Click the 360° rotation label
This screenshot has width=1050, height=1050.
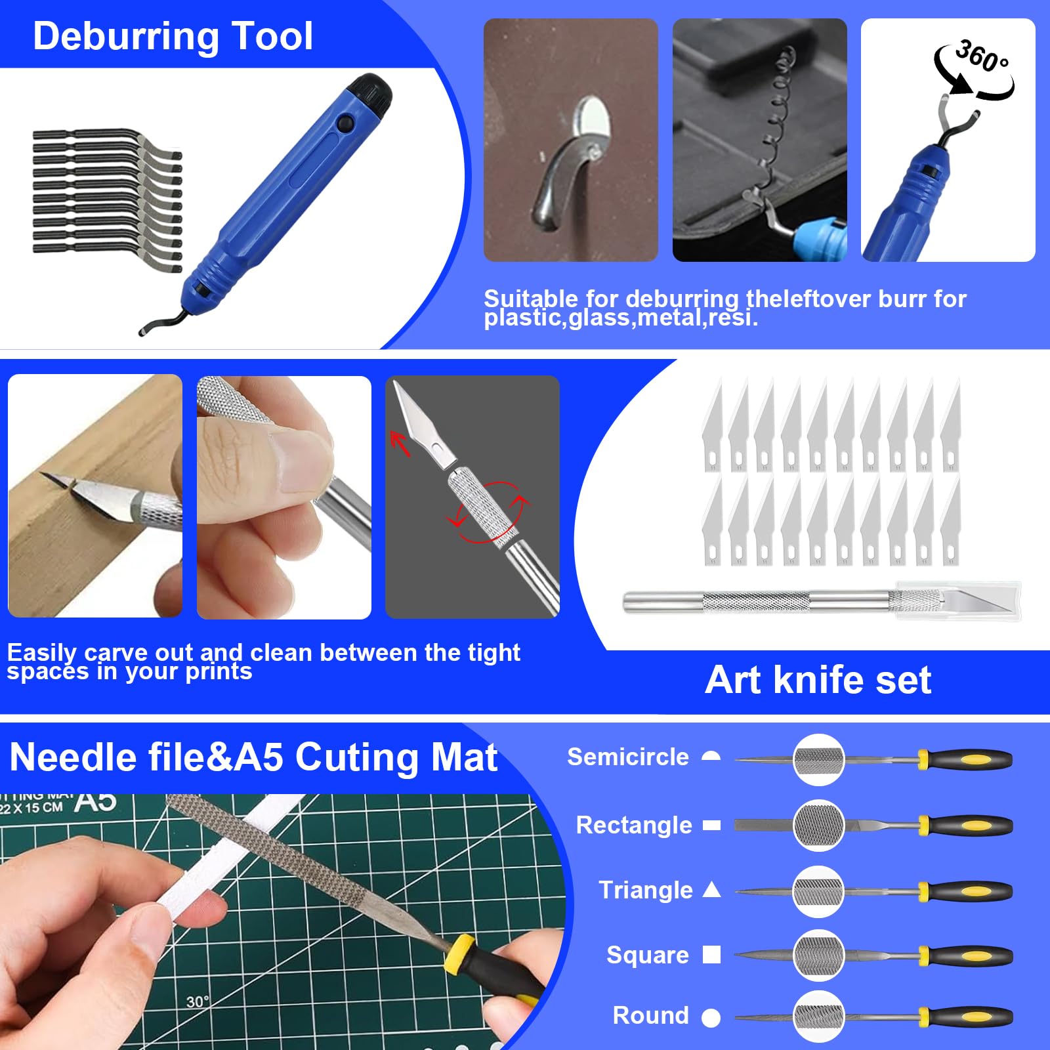(x=980, y=56)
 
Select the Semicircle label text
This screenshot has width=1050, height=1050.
(x=627, y=757)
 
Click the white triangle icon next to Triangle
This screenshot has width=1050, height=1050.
(x=711, y=890)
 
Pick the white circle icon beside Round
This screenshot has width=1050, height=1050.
(x=711, y=1018)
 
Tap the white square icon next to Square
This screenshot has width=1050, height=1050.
(x=711, y=954)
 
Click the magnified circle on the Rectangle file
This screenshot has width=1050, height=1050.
(x=818, y=825)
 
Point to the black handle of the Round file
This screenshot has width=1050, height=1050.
(x=971, y=1017)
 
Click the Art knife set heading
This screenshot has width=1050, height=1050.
(x=818, y=680)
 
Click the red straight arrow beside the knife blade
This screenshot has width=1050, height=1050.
(x=400, y=444)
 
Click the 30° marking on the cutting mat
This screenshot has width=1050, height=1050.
(x=197, y=1001)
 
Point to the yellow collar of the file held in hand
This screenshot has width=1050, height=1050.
(x=459, y=954)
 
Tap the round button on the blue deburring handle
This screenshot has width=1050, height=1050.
(x=343, y=123)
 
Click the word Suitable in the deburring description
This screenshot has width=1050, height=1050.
(x=530, y=299)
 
